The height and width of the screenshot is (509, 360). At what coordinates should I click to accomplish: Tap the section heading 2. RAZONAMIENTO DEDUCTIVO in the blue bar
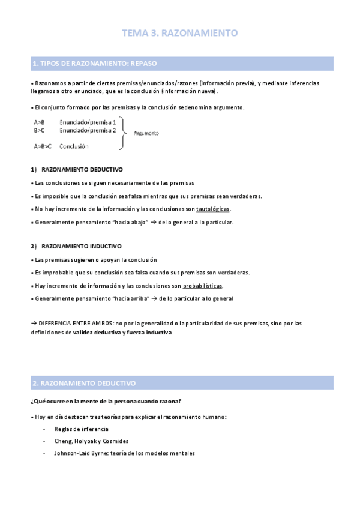coord(84,382)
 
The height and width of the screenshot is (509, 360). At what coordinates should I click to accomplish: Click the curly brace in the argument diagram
coord(124,133)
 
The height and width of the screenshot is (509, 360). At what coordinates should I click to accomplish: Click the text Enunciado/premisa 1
coord(88,122)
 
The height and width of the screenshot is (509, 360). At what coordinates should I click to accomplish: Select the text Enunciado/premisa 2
coord(88,130)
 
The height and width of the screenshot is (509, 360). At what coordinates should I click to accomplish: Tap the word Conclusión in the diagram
coord(74,146)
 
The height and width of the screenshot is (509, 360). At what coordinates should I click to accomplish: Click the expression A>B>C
coord(43,146)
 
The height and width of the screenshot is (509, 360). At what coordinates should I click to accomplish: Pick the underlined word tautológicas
coord(213,209)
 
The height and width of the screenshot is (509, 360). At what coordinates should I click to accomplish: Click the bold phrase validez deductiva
coord(96,332)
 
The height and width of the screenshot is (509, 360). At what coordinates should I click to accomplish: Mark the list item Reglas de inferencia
coord(82,429)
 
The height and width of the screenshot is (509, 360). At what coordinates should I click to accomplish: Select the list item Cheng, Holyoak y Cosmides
coord(91,441)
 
